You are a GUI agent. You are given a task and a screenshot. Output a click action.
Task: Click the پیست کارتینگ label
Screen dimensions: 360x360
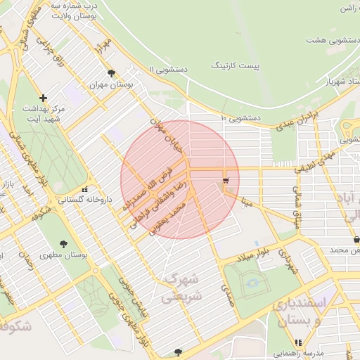point(236,65)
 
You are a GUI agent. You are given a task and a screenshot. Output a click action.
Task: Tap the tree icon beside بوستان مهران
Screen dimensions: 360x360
point(111,73)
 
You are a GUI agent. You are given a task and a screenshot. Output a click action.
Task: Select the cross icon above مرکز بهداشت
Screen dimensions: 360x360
point(44,98)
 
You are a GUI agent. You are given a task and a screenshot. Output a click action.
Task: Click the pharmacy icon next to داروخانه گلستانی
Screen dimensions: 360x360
point(85,188)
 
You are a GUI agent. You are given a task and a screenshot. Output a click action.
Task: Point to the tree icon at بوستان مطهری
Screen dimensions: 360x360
point(63,244)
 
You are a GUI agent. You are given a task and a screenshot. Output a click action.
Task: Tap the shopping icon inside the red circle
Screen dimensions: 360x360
point(225,181)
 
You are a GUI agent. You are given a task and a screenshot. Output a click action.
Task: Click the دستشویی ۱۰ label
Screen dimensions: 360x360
point(242,117)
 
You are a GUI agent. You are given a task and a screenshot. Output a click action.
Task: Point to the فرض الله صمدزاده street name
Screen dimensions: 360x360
point(149,182)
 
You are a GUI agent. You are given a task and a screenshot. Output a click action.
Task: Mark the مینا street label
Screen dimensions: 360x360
point(247,202)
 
